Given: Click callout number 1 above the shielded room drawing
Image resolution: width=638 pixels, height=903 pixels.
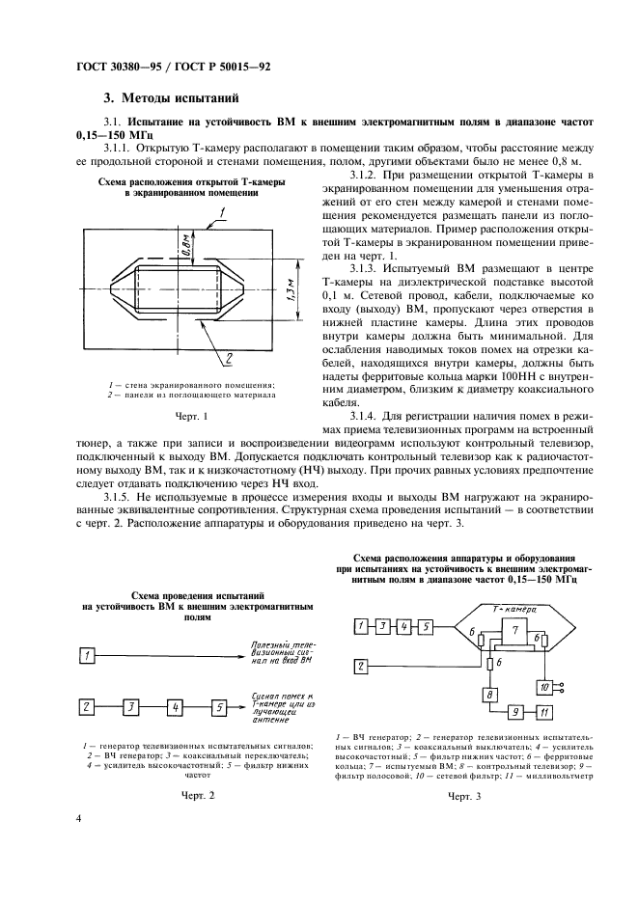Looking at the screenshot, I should [222, 210].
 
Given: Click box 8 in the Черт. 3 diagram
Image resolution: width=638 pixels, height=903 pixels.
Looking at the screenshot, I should [489, 695].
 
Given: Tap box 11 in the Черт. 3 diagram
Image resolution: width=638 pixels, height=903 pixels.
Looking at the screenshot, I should [543, 712].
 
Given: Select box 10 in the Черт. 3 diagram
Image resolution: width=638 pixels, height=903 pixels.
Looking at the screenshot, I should [544, 686].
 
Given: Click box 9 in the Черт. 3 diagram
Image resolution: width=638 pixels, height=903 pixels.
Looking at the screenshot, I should [516, 712].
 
